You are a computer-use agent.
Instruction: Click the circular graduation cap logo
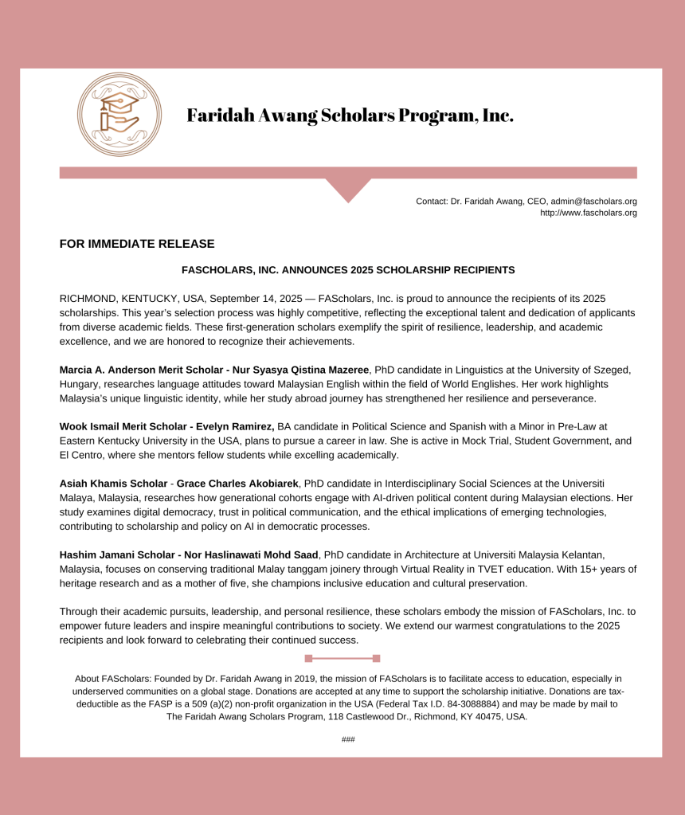tap(119, 115)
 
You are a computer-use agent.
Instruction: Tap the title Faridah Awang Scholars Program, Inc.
tap(350, 116)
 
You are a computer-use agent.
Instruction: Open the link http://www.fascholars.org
tap(588, 213)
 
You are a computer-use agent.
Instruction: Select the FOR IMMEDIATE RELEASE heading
tap(137, 244)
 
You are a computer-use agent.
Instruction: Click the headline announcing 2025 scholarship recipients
tap(348, 270)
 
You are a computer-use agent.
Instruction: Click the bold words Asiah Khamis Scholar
tap(112, 484)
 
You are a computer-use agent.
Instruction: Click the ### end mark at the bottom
tap(348, 739)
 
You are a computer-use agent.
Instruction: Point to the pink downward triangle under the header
tap(348, 190)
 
